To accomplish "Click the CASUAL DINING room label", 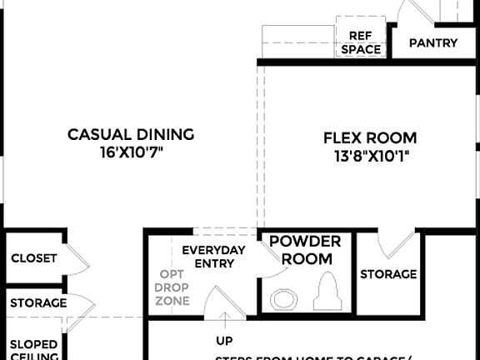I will [131, 134].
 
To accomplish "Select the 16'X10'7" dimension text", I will [131, 153].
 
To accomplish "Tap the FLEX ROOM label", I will [370, 138].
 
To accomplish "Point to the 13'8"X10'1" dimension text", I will [370, 156].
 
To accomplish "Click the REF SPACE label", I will [360, 42].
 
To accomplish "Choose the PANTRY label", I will [433, 42].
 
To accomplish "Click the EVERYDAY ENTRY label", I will [213, 257].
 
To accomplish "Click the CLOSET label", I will [34, 258].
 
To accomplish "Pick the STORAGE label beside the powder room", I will [388, 274].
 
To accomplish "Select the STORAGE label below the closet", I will [38, 302].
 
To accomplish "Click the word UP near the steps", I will [224, 341].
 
